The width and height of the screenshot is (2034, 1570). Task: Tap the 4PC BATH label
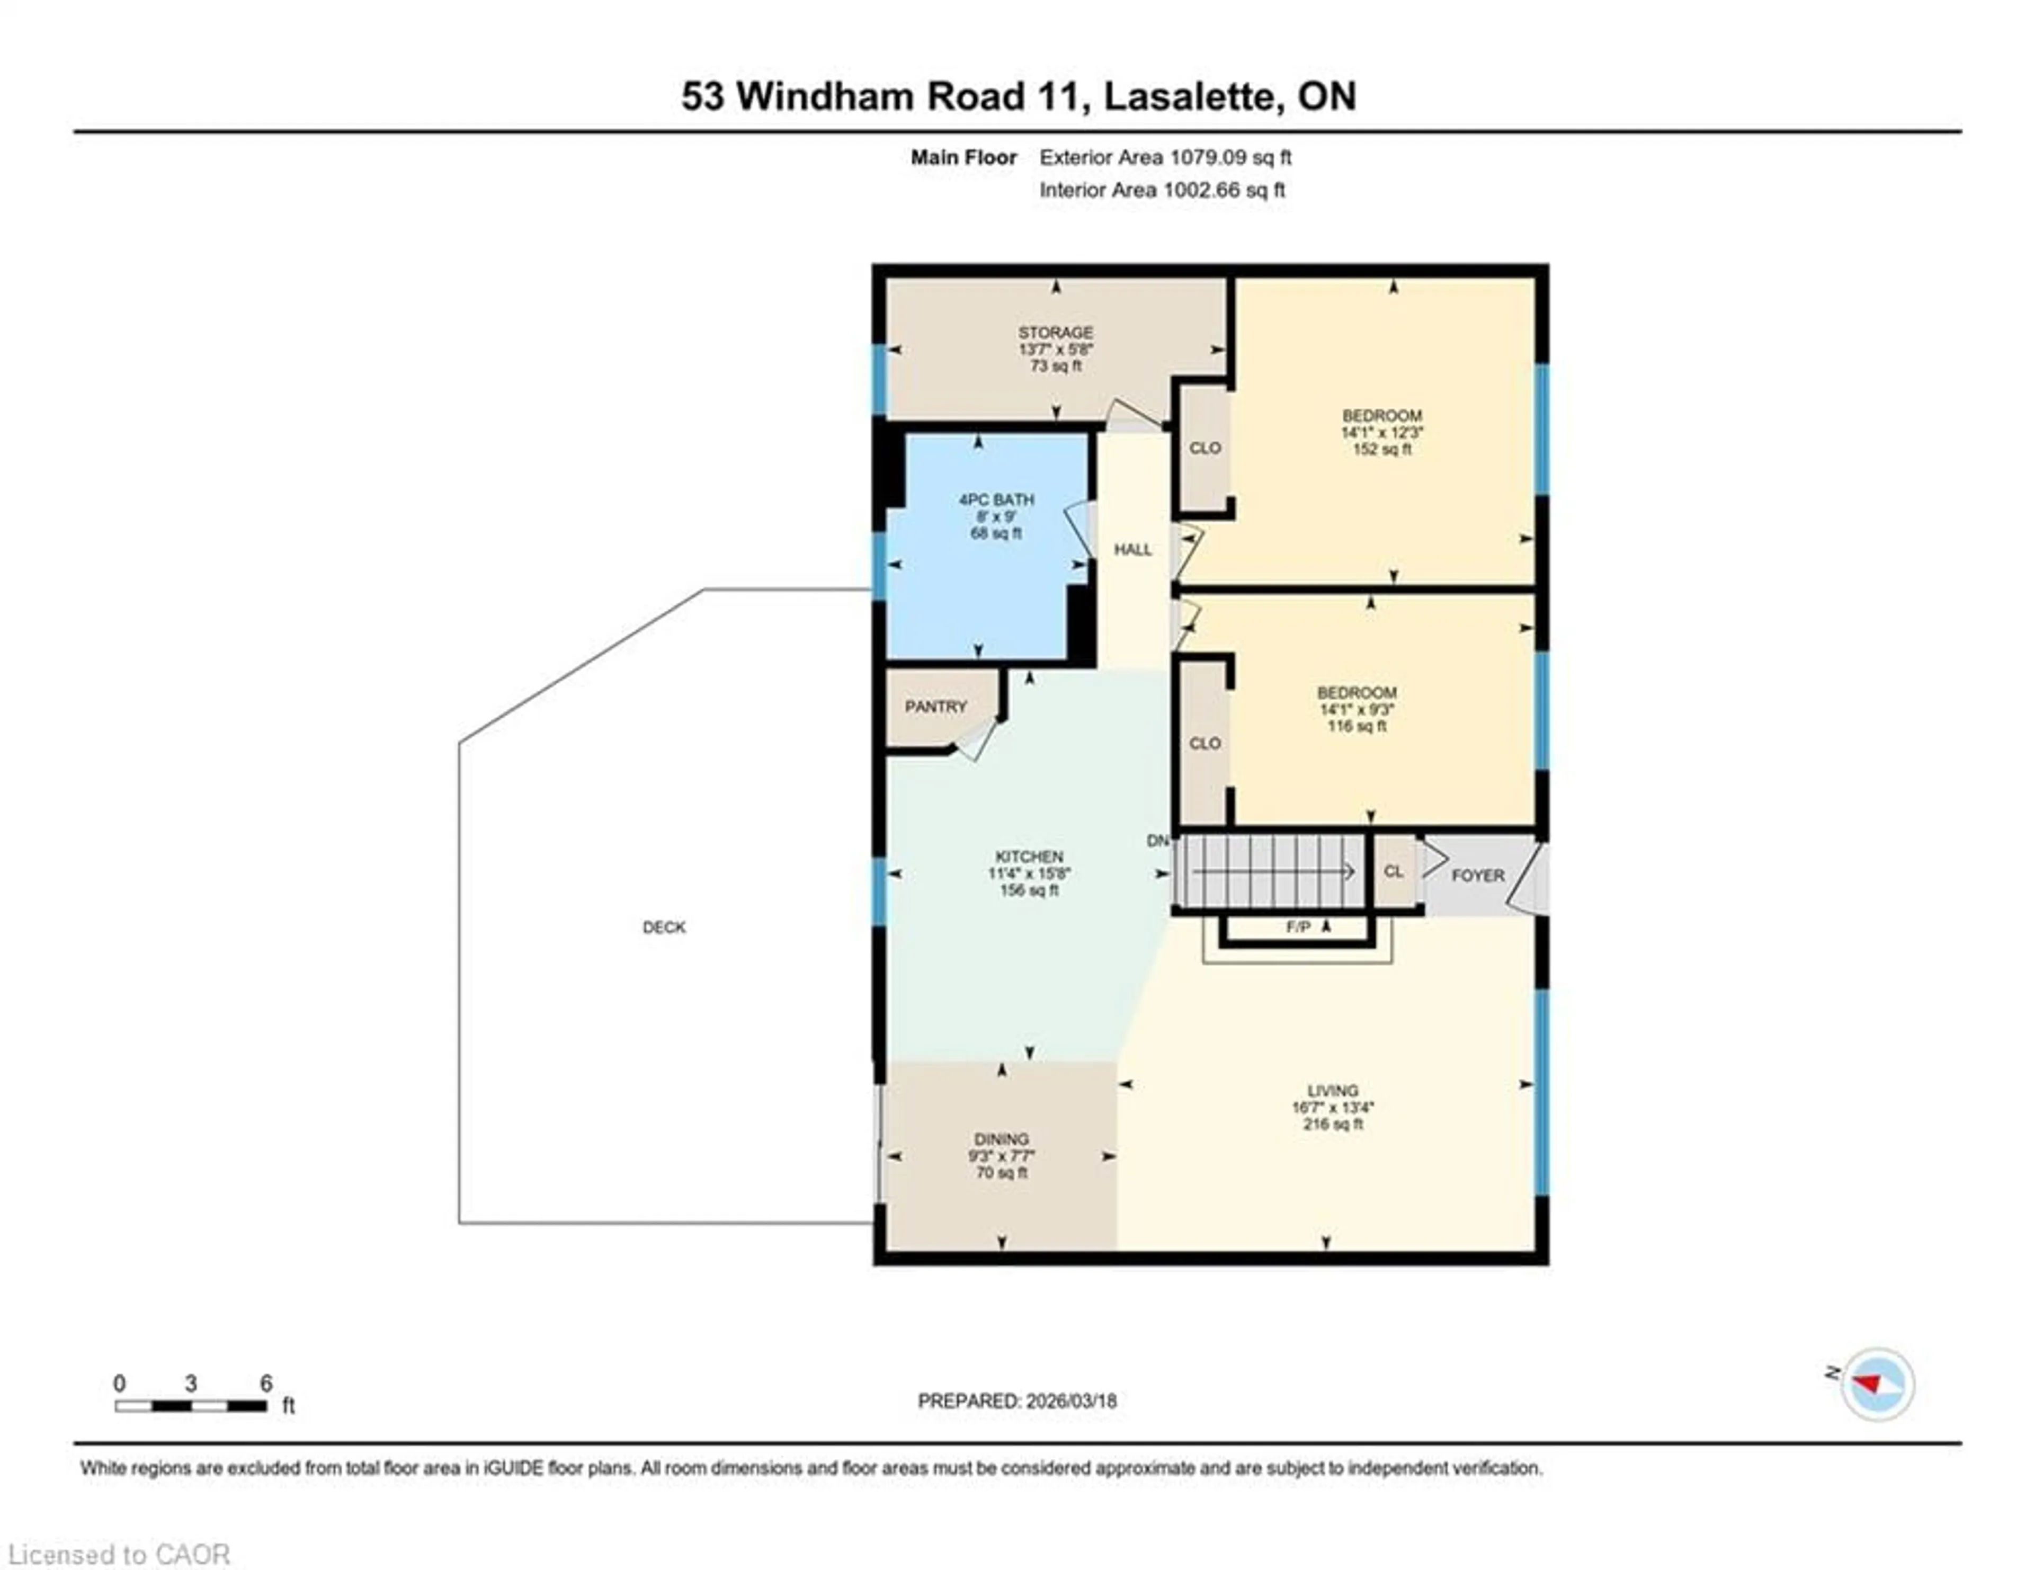pyautogui.click(x=996, y=500)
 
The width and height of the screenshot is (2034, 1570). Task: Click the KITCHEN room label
pyautogui.click(x=1029, y=857)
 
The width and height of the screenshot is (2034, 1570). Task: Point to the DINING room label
pyautogui.click(x=1001, y=1139)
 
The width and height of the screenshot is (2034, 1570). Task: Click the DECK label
pyautogui.click(x=664, y=927)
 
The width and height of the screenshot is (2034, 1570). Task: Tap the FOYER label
pyautogui.click(x=1478, y=876)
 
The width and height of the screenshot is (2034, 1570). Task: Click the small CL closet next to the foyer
pyautogui.click(x=1393, y=871)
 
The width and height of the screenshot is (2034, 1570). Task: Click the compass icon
pyautogui.click(x=1877, y=1385)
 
